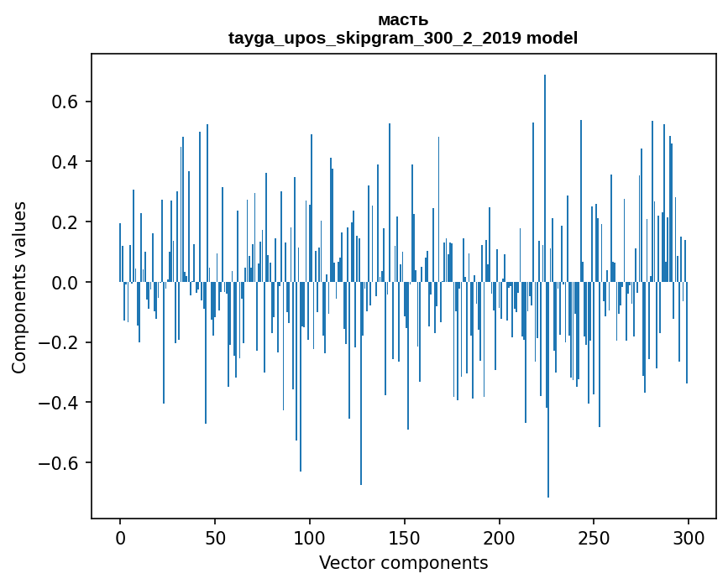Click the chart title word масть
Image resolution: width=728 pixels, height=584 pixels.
(403, 20)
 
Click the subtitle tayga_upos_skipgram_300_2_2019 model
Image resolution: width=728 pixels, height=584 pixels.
(403, 38)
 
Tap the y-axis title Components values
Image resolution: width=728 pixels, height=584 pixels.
(19, 287)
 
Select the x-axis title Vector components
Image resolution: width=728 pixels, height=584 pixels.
(403, 562)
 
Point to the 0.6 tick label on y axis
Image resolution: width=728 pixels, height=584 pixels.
(66, 102)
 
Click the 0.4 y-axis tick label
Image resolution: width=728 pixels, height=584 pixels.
(66, 162)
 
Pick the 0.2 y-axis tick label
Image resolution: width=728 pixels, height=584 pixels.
(66, 222)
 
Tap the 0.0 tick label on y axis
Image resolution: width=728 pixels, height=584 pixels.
(66, 283)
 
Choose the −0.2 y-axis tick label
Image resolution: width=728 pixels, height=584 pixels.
(60, 342)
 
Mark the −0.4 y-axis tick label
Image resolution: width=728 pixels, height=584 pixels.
(60, 403)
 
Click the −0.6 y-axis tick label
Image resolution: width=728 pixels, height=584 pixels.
(60, 463)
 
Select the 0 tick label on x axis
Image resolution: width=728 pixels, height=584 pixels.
(120, 537)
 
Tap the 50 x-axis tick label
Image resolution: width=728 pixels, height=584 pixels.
(215, 537)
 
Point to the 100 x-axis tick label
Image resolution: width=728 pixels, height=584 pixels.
(310, 537)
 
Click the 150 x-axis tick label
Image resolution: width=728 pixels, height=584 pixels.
(405, 537)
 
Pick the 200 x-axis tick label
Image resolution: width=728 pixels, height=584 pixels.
(500, 537)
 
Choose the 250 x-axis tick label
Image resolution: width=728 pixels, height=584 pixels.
(594, 537)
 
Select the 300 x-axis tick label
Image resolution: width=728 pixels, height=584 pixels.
(689, 537)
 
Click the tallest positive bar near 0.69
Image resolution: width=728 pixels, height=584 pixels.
(545, 168)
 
